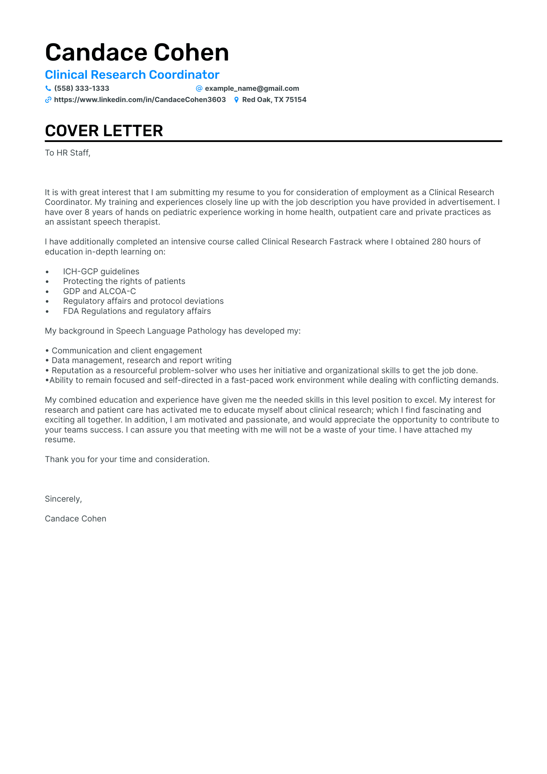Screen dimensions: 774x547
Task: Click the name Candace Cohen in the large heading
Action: click(137, 52)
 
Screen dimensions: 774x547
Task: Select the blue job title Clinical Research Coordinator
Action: click(132, 74)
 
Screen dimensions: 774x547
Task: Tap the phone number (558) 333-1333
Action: click(81, 88)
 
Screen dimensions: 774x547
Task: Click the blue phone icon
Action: click(48, 88)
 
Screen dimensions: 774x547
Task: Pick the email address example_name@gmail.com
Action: click(252, 88)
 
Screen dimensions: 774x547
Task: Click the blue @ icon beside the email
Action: click(199, 88)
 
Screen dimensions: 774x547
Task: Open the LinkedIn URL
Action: click(140, 100)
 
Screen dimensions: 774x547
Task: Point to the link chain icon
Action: click(48, 100)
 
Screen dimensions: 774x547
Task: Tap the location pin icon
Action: click(236, 100)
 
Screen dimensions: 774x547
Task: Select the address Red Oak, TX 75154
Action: click(274, 100)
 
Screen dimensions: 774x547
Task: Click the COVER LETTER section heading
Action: click(104, 131)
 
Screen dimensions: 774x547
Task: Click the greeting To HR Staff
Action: click(68, 153)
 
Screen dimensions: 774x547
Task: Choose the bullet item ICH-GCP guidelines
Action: click(101, 272)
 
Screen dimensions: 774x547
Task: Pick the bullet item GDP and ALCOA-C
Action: click(99, 291)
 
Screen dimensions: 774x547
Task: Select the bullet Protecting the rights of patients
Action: click(124, 281)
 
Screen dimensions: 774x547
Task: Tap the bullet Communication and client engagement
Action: click(127, 351)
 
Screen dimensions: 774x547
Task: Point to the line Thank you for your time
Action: click(127, 459)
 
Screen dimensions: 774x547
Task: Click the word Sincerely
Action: click(63, 499)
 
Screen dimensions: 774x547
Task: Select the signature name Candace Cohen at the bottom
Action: click(75, 519)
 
